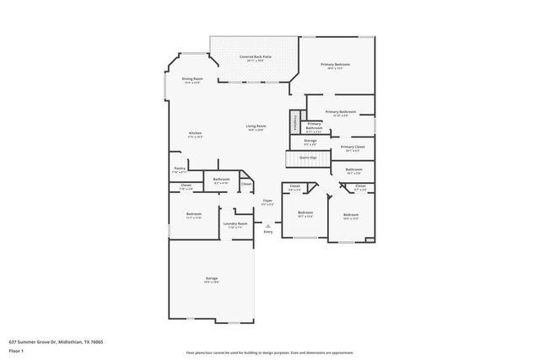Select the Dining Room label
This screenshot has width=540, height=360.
(192, 80)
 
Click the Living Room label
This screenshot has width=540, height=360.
(256, 127)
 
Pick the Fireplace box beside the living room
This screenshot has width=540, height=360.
(295, 122)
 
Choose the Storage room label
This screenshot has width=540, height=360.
(310, 142)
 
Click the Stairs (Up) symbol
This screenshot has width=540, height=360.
(308, 159)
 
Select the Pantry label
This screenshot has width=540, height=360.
(179, 169)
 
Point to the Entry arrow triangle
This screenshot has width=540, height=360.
(267, 225)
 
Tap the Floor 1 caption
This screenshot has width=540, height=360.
(16, 350)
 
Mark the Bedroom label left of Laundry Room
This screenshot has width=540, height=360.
(193, 215)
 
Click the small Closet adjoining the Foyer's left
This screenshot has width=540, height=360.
(246, 184)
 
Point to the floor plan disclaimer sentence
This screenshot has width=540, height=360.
(270, 351)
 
